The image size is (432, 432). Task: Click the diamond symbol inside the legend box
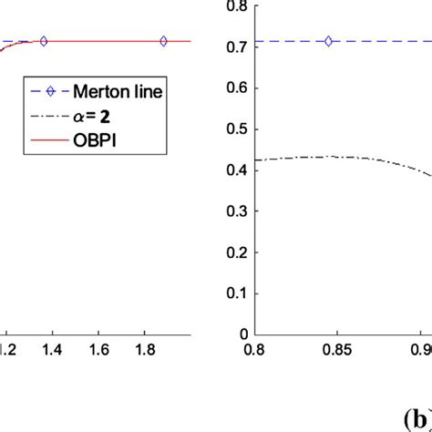(48, 94)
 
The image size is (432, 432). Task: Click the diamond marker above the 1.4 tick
(44, 41)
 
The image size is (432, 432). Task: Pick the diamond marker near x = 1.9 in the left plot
(163, 41)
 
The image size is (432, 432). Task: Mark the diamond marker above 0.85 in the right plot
(329, 41)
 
